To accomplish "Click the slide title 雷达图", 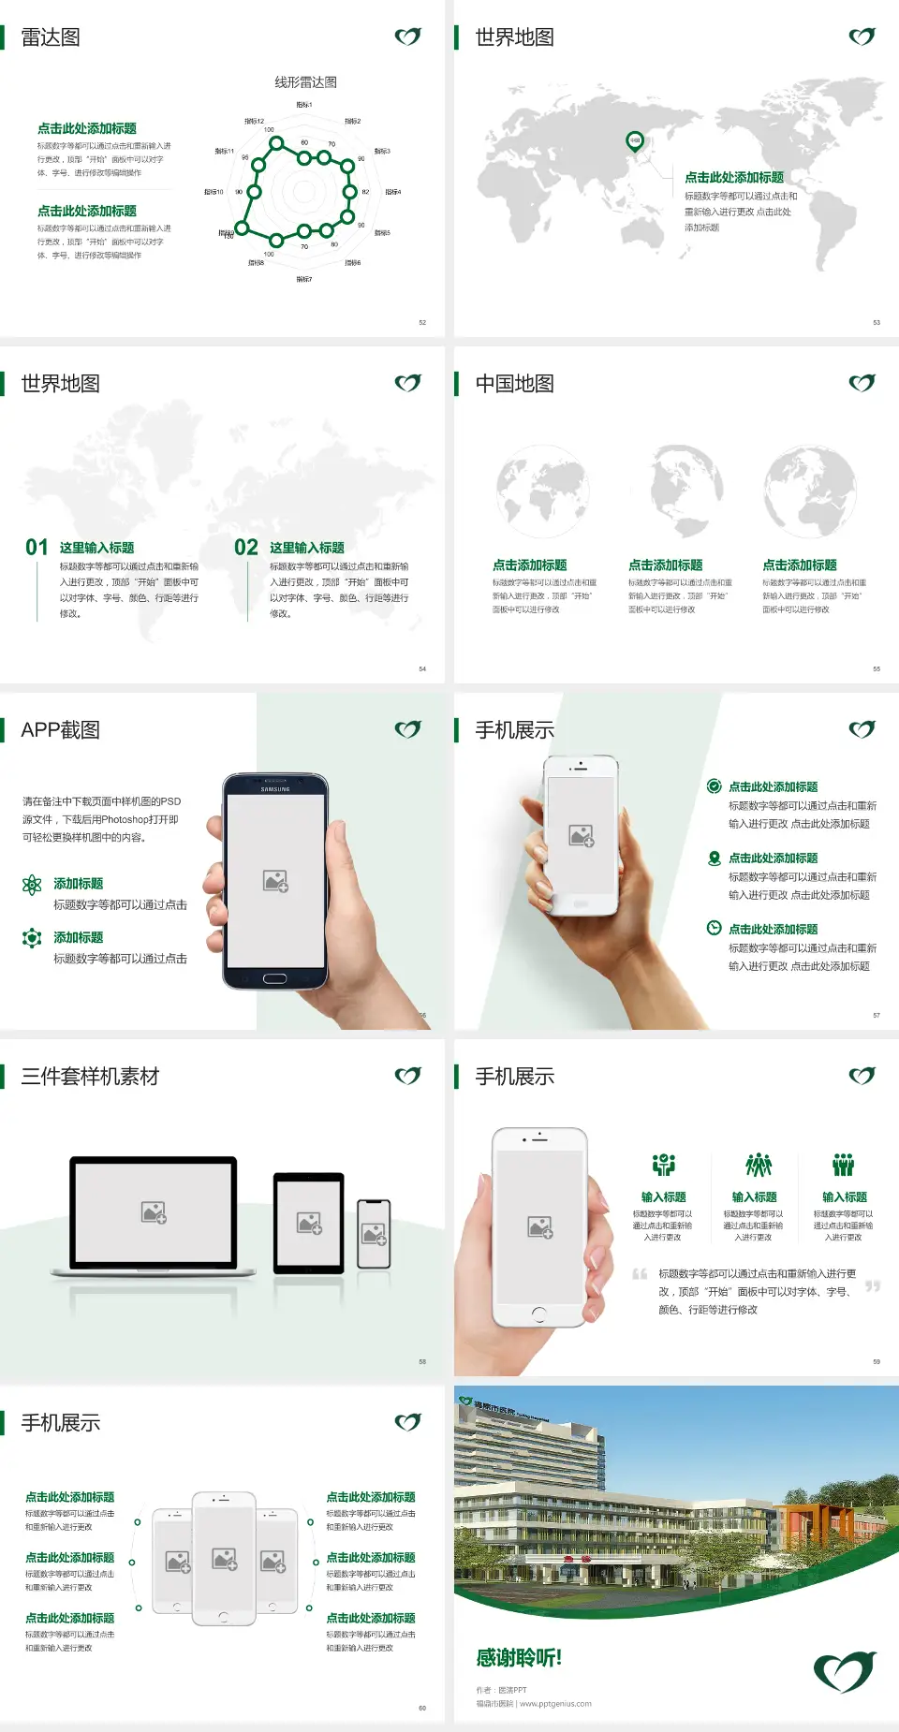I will click(x=51, y=37).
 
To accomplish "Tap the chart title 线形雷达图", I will click(x=305, y=82).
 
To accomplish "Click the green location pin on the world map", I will click(x=635, y=141).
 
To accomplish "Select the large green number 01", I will click(x=37, y=548).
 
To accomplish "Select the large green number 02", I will click(x=246, y=548).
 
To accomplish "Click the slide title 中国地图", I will click(x=514, y=384).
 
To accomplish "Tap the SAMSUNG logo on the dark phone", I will click(x=275, y=789).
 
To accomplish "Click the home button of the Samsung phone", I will click(x=274, y=978).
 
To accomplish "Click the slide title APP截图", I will click(x=60, y=730).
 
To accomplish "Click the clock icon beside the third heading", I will click(x=714, y=928).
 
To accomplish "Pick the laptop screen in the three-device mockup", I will click(x=154, y=1211).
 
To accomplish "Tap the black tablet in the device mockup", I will click(x=309, y=1223).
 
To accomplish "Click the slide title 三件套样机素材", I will click(x=90, y=1077).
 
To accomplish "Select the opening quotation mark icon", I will click(x=640, y=1274).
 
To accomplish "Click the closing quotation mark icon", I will click(x=873, y=1286).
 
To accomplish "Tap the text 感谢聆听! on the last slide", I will click(x=519, y=1658).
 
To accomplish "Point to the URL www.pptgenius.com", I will click(x=555, y=1704).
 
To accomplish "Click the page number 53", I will click(x=877, y=322).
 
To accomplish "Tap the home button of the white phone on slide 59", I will click(x=538, y=1314).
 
